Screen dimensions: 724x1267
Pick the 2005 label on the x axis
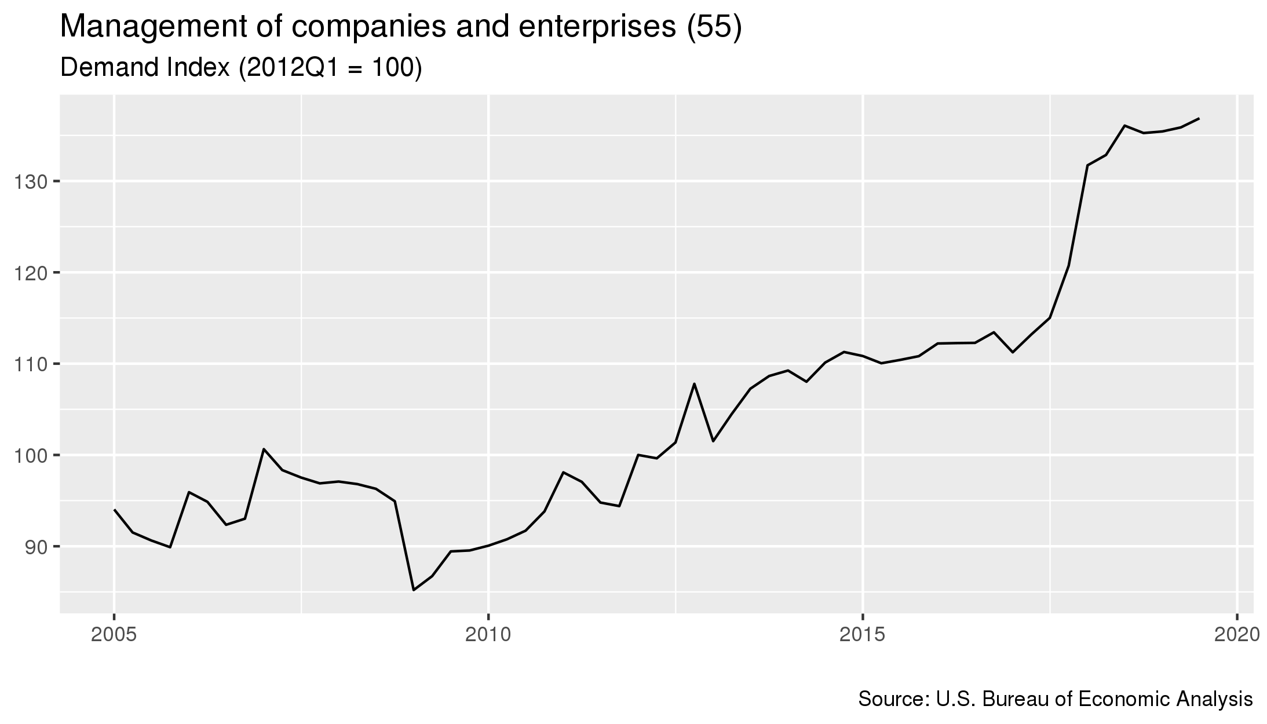(114, 635)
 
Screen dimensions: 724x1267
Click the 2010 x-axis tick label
(488, 635)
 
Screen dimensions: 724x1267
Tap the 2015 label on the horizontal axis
(863, 635)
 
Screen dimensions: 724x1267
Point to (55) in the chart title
(713, 28)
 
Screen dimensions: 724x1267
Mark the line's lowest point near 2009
(414, 590)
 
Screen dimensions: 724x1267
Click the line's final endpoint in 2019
(1199, 118)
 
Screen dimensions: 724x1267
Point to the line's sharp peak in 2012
(694, 383)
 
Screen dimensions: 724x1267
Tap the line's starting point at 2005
(114, 510)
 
